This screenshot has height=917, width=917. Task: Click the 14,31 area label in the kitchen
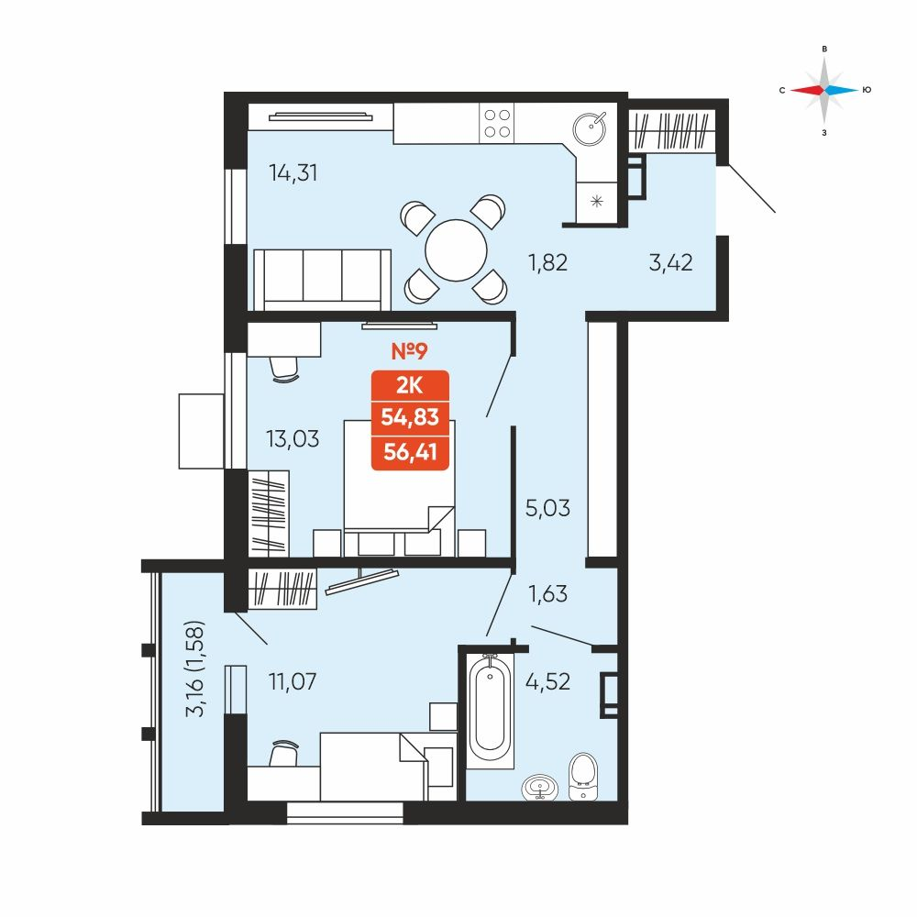pyautogui.click(x=293, y=173)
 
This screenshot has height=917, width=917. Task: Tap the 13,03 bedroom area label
pyautogui.click(x=293, y=438)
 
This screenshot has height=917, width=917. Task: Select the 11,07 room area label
pyautogui.click(x=293, y=681)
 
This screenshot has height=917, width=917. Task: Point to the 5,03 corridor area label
pyautogui.click(x=547, y=508)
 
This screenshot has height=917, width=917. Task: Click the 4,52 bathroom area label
pyautogui.click(x=547, y=682)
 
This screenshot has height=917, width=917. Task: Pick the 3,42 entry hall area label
pyautogui.click(x=671, y=262)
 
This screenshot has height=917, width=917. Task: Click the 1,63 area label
pyautogui.click(x=547, y=594)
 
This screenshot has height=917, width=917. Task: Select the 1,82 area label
pyautogui.click(x=547, y=262)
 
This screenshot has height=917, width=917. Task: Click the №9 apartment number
pyautogui.click(x=409, y=351)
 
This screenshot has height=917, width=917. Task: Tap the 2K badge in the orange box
pyautogui.click(x=409, y=386)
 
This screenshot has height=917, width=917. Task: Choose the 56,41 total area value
pyautogui.click(x=410, y=452)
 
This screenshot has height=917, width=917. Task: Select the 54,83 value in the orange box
pyautogui.click(x=410, y=417)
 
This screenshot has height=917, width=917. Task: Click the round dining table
pyautogui.click(x=456, y=250)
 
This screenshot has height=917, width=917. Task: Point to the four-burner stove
pyautogui.click(x=496, y=124)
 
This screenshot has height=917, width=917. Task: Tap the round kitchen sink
pyautogui.click(x=589, y=128)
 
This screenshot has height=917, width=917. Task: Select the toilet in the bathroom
pyautogui.click(x=583, y=776)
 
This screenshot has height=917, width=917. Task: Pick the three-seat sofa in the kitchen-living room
pyautogui.click(x=322, y=280)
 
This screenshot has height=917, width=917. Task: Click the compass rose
pyautogui.click(x=824, y=90)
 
